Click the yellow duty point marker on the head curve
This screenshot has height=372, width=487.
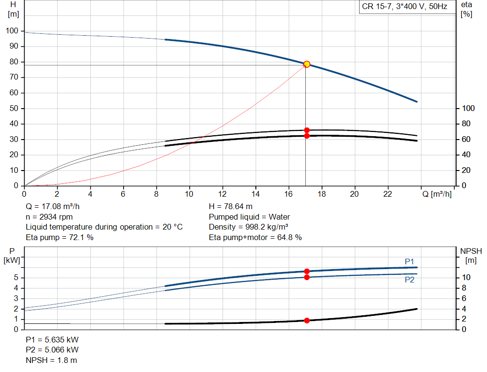pos(307,64)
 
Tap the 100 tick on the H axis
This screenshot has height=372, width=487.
pos(12,31)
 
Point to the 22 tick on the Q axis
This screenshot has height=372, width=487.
pos(388,194)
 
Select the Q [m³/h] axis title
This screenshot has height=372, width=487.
pos(437,194)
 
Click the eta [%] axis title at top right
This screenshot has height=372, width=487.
pos(467,9)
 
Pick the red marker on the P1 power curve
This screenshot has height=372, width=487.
pos(307,271)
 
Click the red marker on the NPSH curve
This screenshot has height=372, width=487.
pos(307,321)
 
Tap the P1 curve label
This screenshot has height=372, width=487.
pos(409,261)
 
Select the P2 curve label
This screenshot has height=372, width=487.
pos(409,280)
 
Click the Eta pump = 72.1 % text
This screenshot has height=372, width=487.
pos(59,237)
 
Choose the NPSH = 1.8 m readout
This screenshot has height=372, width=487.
pos(51,360)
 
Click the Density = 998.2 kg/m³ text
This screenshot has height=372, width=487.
pos(248,227)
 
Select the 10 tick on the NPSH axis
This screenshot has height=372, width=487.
pos(466,278)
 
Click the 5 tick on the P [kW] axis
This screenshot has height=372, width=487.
pos(17,278)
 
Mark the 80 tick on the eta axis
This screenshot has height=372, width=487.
pos(466,124)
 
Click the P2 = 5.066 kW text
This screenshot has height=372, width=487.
pos(52,350)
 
